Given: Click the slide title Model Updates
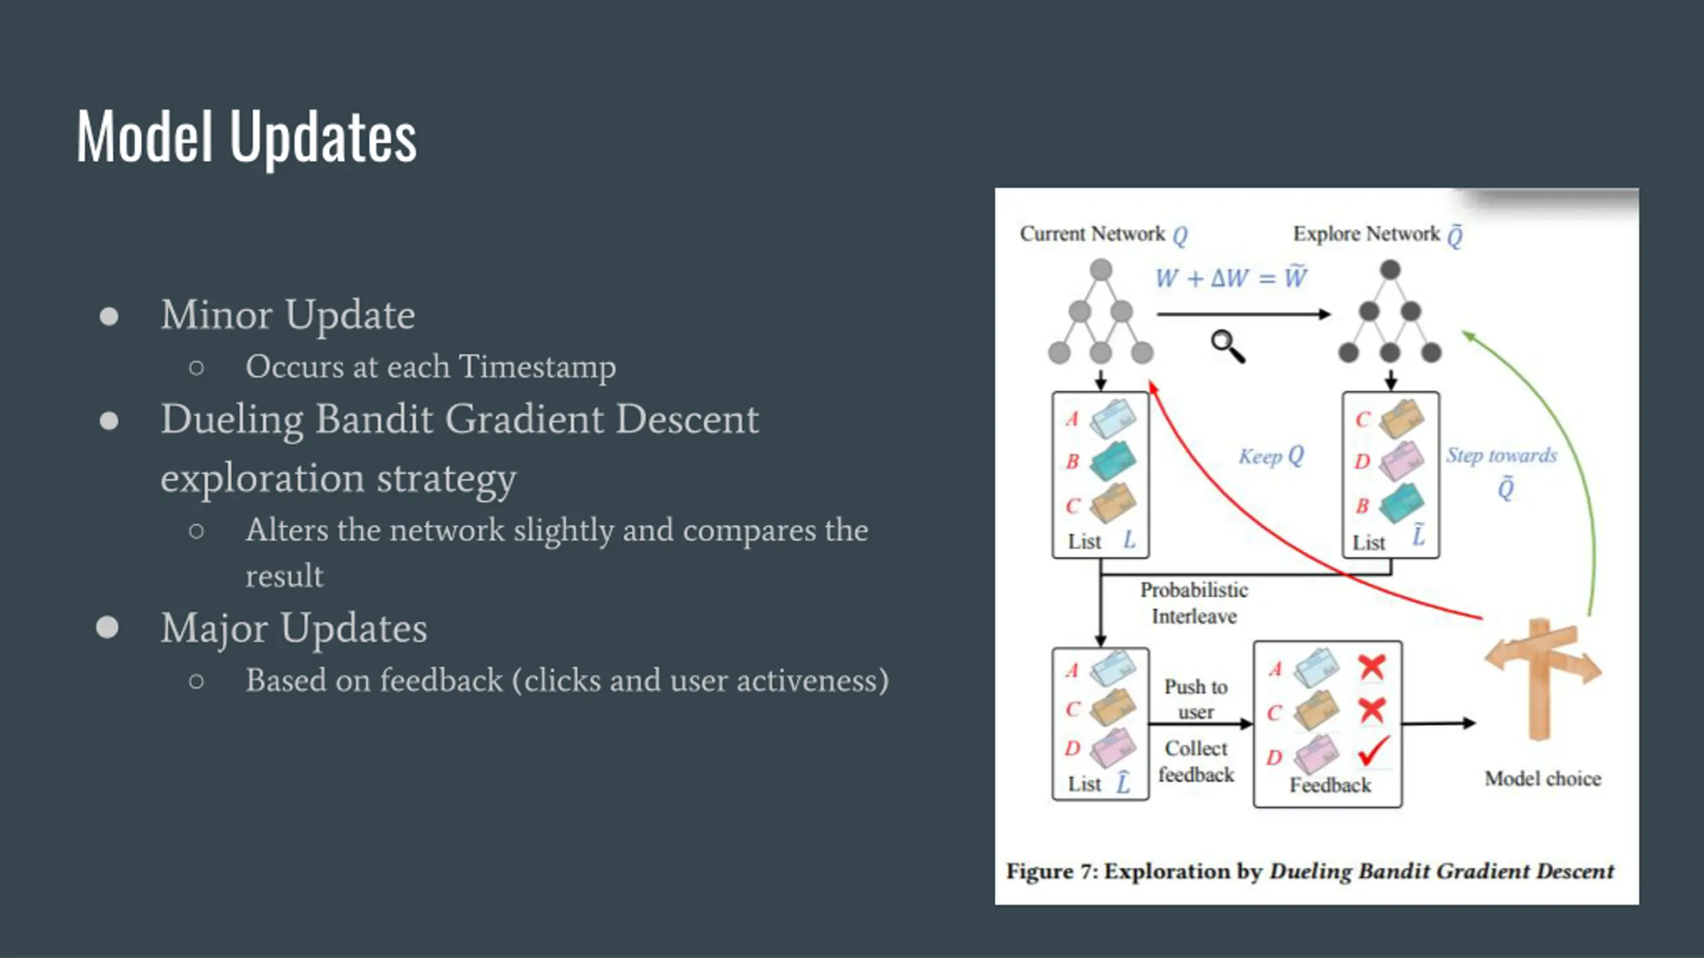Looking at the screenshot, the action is [246, 136].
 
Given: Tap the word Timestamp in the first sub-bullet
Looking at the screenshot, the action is [537, 367].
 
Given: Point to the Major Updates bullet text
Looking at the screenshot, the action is [294, 629].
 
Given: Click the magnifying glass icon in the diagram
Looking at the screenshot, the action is [1227, 346].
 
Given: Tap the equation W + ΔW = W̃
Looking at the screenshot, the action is [1231, 277].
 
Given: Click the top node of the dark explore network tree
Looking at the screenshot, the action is [1390, 269].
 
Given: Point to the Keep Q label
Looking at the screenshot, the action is [1271, 456].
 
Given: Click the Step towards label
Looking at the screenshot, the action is [1502, 456].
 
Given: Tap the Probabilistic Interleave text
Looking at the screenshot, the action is [1194, 603].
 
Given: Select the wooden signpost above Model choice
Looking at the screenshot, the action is [1542, 679].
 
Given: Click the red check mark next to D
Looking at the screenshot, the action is [1374, 751].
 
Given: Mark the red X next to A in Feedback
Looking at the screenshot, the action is [1372, 667].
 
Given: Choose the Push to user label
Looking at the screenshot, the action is [1196, 699].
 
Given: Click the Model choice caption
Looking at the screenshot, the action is [1543, 778].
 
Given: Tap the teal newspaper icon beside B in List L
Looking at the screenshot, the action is [1112, 460].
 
